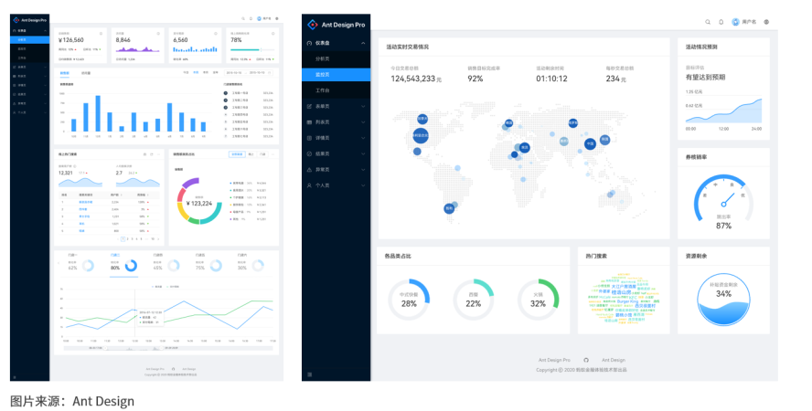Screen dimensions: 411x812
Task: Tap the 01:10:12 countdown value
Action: tap(551, 79)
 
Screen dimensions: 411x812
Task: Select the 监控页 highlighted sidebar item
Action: tap(323, 74)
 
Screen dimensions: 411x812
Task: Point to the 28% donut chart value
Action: tap(409, 303)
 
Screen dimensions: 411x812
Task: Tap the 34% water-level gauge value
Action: tap(723, 294)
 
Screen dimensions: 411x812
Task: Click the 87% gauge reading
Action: tap(723, 226)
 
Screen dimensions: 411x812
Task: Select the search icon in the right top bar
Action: tap(708, 22)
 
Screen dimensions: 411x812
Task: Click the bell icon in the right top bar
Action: tap(721, 22)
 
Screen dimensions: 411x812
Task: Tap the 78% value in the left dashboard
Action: tap(236, 40)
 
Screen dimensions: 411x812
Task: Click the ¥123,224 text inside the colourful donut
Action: tap(198, 203)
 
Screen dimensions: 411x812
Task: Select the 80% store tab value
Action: tap(115, 268)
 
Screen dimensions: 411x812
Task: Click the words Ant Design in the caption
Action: tap(103, 401)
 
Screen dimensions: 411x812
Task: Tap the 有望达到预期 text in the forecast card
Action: tap(705, 78)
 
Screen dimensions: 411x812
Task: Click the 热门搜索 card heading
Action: tap(597, 257)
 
